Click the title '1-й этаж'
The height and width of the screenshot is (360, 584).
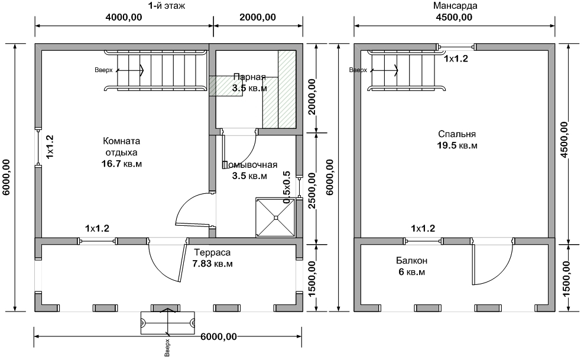point(167,5)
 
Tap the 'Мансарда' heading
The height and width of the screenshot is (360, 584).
point(455,5)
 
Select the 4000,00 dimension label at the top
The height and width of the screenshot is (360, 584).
point(124,17)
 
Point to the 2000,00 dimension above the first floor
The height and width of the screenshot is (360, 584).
point(258,17)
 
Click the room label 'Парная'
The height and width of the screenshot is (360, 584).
point(249,77)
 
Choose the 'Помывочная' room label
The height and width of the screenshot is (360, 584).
point(249,164)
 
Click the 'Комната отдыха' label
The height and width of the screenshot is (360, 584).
point(121,147)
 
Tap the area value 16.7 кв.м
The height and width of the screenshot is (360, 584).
point(121,163)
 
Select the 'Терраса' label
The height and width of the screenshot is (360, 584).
point(212,252)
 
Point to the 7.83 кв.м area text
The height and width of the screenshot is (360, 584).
point(212,264)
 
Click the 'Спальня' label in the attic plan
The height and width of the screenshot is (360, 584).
point(457,134)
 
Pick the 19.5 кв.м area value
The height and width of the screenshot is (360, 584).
point(457,145)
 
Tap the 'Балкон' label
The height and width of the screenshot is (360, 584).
point(411,261)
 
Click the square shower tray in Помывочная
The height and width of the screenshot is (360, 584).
point(275,218)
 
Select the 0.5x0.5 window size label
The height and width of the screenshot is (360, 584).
point(287,187)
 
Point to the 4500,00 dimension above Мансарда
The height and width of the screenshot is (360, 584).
point(453,17)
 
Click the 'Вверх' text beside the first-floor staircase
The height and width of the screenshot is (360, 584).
point(103,70)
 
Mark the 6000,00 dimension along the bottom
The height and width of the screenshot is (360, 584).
point(219,336)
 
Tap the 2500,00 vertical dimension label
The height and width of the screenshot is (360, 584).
point(312,190)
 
